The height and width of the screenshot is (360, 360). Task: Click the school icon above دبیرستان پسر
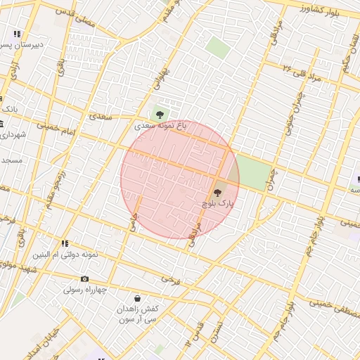17,34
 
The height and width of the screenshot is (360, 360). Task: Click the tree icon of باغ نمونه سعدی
160,114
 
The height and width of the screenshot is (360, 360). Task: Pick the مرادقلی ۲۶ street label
302,72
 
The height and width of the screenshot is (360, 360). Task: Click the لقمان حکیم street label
349,55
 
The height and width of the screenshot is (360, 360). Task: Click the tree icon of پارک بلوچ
217,192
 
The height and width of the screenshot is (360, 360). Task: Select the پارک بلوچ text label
217,203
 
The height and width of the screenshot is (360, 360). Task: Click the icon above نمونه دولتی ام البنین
65,243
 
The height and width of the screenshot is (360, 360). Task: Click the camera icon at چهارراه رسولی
84,279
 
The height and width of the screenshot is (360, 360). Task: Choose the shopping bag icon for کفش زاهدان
136,298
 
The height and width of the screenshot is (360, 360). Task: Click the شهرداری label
13,134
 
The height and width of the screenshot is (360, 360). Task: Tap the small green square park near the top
219,48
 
